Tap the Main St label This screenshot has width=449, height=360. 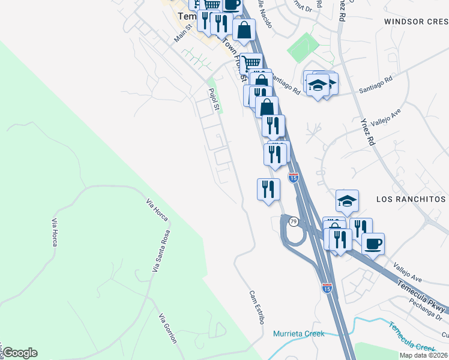182,33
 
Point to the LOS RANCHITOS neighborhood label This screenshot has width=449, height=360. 411,199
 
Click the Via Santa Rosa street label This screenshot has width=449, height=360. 160,251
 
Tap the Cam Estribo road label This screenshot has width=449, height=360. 256,307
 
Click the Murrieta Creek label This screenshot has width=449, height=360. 298,334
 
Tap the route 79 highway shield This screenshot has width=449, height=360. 293,222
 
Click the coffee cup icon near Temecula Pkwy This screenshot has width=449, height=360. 373,244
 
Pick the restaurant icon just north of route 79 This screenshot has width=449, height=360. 268,189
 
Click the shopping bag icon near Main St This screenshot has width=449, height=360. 244,29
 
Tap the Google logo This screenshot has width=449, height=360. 19,353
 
